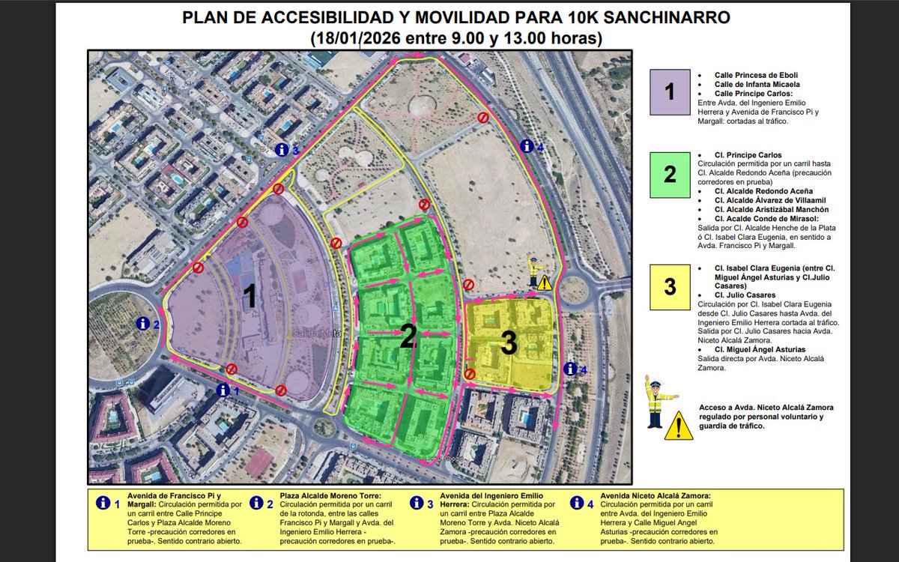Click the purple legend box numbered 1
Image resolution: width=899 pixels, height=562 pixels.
point(669,92)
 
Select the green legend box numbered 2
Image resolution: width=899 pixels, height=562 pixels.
point(669,175)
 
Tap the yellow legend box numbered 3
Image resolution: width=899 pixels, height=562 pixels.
point(669,287)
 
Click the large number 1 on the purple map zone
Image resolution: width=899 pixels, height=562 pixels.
point(251,297)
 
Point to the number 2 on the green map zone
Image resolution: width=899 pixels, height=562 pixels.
point(408,339)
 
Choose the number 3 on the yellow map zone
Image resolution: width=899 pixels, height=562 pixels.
point(509,344)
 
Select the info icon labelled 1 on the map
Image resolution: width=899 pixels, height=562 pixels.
point(223,390)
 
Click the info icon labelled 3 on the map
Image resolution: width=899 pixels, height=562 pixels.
point(281,150)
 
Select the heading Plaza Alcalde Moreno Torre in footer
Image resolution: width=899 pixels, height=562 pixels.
point(330,496)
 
